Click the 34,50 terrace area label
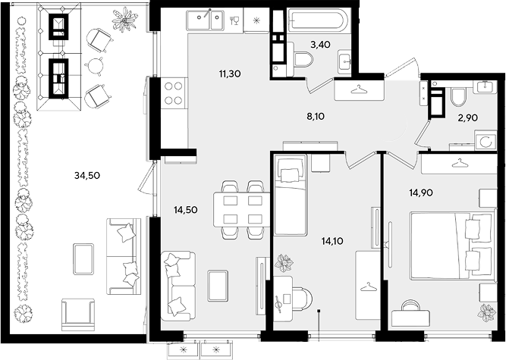point(87,176)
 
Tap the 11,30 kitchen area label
point(230,74)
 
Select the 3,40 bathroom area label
point(320,45)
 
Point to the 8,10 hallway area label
point(316,117)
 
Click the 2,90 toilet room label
point(468,118)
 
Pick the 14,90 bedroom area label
point(421,193)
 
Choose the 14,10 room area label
point(332,241)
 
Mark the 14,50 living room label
point(186,210)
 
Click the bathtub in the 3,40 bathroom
point(318,20)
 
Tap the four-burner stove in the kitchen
point(174,92)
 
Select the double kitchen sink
point(205,20)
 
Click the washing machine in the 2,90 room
point(486,140)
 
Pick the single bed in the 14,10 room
point(290,195)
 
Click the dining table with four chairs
point(241,209)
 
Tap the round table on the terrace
point(95,66)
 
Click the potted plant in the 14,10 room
point(284,263)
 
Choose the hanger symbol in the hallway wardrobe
point(359,89)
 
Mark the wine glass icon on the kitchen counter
point(234,20)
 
